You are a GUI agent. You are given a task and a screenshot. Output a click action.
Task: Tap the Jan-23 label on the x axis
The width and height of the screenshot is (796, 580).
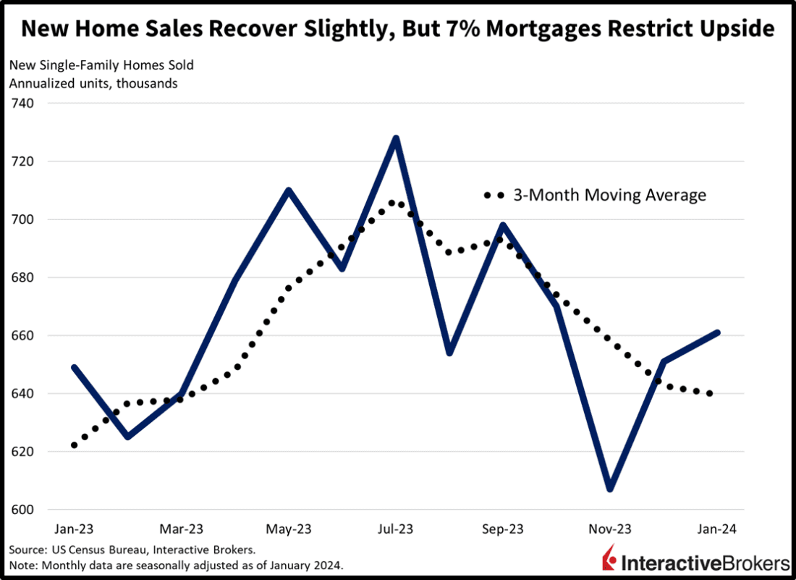(x=74, y=529)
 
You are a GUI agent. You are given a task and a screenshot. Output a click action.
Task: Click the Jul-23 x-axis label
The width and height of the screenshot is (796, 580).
(x=396, y=529)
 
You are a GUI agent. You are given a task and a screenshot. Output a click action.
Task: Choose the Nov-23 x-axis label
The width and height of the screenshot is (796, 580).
(x=610, y=529)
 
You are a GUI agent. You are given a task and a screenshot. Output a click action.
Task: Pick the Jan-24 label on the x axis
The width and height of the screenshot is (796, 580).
(x=717, y=529)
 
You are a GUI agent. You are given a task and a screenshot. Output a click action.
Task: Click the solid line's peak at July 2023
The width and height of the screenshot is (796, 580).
(x=396, y=138)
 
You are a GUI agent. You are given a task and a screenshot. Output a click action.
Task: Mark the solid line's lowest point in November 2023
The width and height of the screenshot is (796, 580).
(x=610, y=489)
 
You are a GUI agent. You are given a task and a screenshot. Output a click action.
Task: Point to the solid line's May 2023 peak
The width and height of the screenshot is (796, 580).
(x=289, y=190)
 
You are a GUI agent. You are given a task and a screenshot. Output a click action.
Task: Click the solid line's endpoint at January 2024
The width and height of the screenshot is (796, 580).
(x=717, y=332)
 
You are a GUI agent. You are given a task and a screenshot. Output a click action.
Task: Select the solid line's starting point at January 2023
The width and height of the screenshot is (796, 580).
(x=74, y=367)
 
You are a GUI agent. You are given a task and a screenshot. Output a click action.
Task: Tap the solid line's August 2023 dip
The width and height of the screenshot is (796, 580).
(x=449, y=353)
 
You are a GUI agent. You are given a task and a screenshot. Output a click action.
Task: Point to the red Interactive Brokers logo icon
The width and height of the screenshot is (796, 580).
(x=609, y=560)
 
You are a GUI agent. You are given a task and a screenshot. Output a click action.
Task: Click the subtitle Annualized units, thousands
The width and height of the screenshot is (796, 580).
(x=93, y=83)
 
